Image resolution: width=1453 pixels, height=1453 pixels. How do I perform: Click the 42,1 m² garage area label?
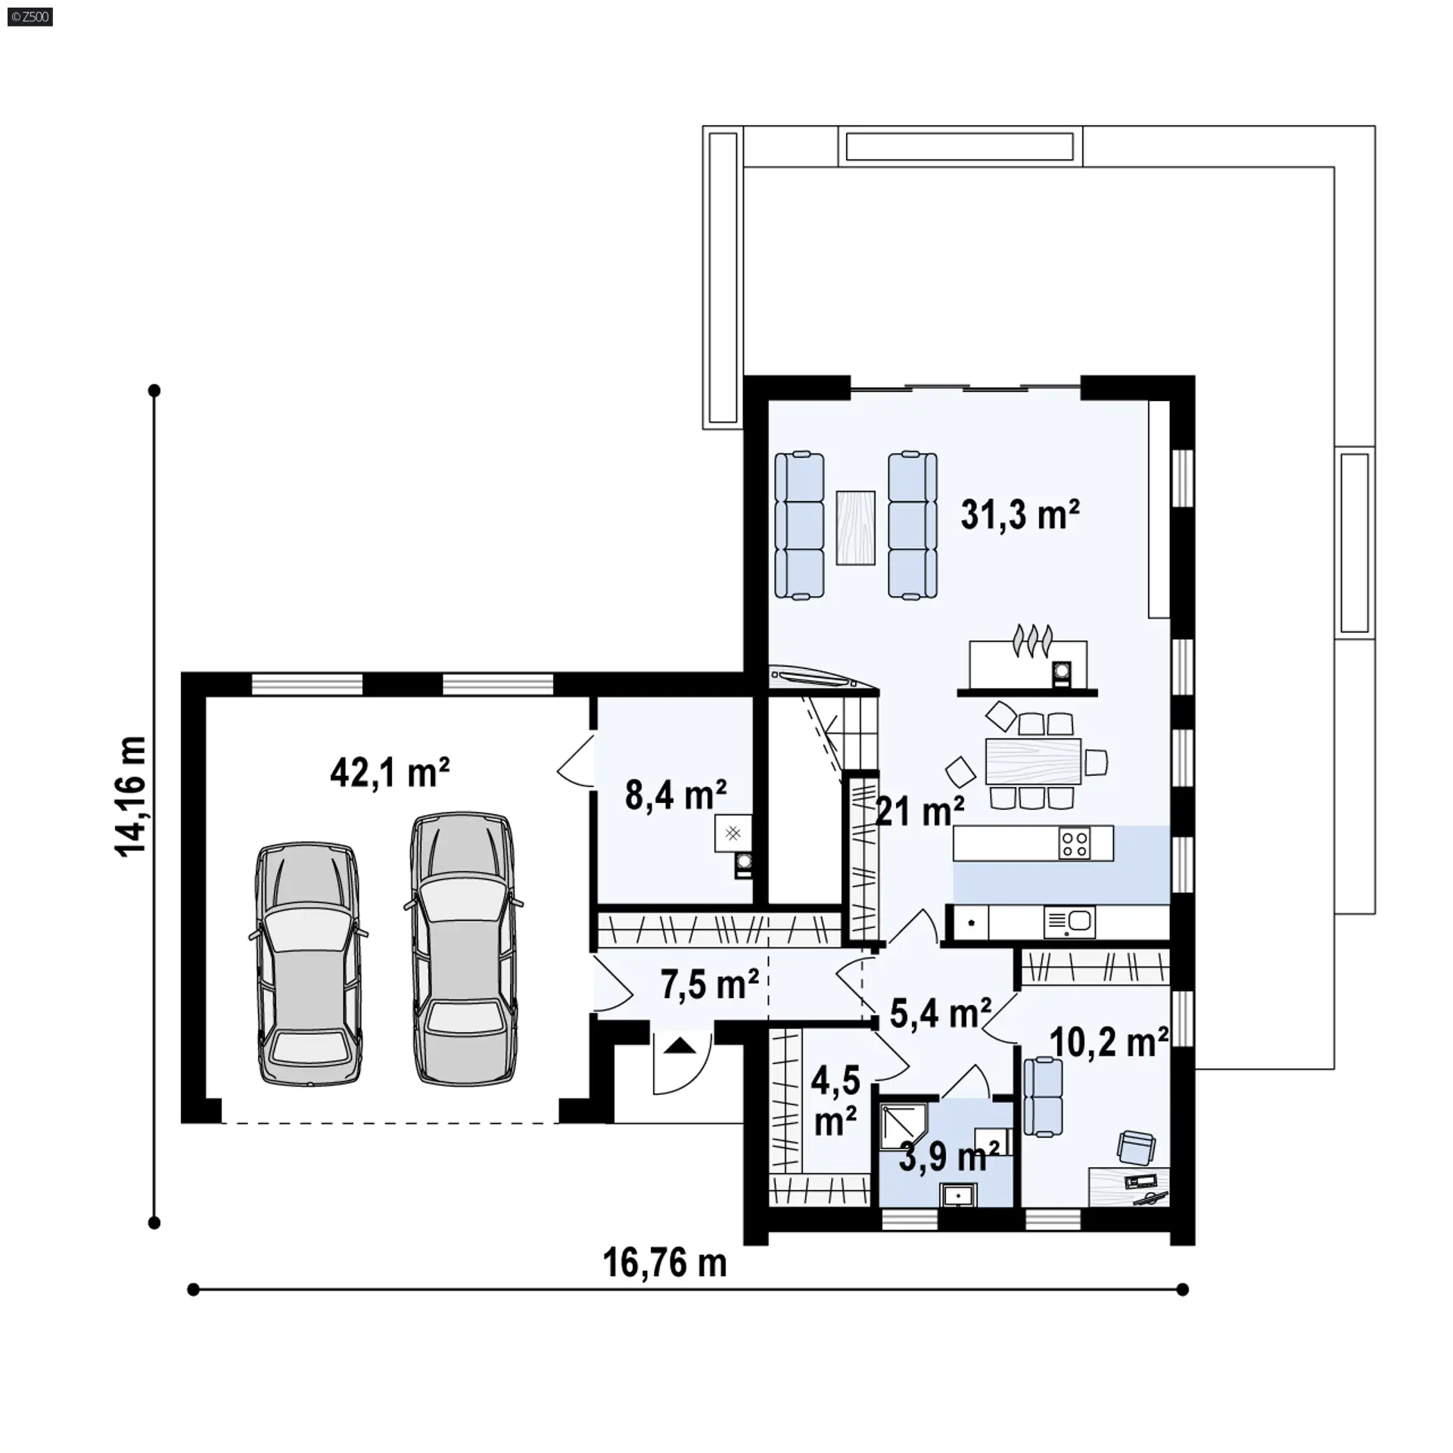pyautogui.click(x=390, y=773)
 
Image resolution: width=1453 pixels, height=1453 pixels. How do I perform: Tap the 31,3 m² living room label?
pyautogui.click(x=1020, y=515)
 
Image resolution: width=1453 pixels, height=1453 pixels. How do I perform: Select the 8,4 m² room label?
pyautogui.click(x=676, y=795)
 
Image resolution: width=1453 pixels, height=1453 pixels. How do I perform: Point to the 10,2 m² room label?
pyautogui.click(x=1109, y=1043)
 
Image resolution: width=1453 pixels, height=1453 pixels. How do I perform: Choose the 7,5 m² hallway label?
pyautogui.click(x=709, y=985)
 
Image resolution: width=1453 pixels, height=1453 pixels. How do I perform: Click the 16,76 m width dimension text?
pyautogui.click(x=664, y=1263)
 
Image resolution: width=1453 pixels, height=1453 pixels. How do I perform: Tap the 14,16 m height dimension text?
pyautogui.click(x=130, y=796)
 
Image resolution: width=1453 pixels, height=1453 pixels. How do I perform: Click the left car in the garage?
pyautogui.click(x=308, y=966)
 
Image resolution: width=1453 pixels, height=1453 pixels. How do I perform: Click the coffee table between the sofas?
pyautogui.click(x=856, y=527)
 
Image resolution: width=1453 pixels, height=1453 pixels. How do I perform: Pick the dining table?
pyautogui.click(x=1033, y=761)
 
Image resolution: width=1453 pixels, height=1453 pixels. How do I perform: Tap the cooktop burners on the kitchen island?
pyautogui.click(x=1075, y=843)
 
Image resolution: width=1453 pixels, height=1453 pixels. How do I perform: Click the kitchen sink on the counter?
pyautogui.click(x=1069, y=923)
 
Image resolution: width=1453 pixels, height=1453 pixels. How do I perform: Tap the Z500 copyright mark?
pyautogui.click(x=30, y=17)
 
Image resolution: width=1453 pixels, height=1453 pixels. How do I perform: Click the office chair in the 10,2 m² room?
pyautogui.click(x=1137, y=1147)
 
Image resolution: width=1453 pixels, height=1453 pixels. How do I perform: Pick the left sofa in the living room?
pyautogui.click(x=799, y=525)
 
